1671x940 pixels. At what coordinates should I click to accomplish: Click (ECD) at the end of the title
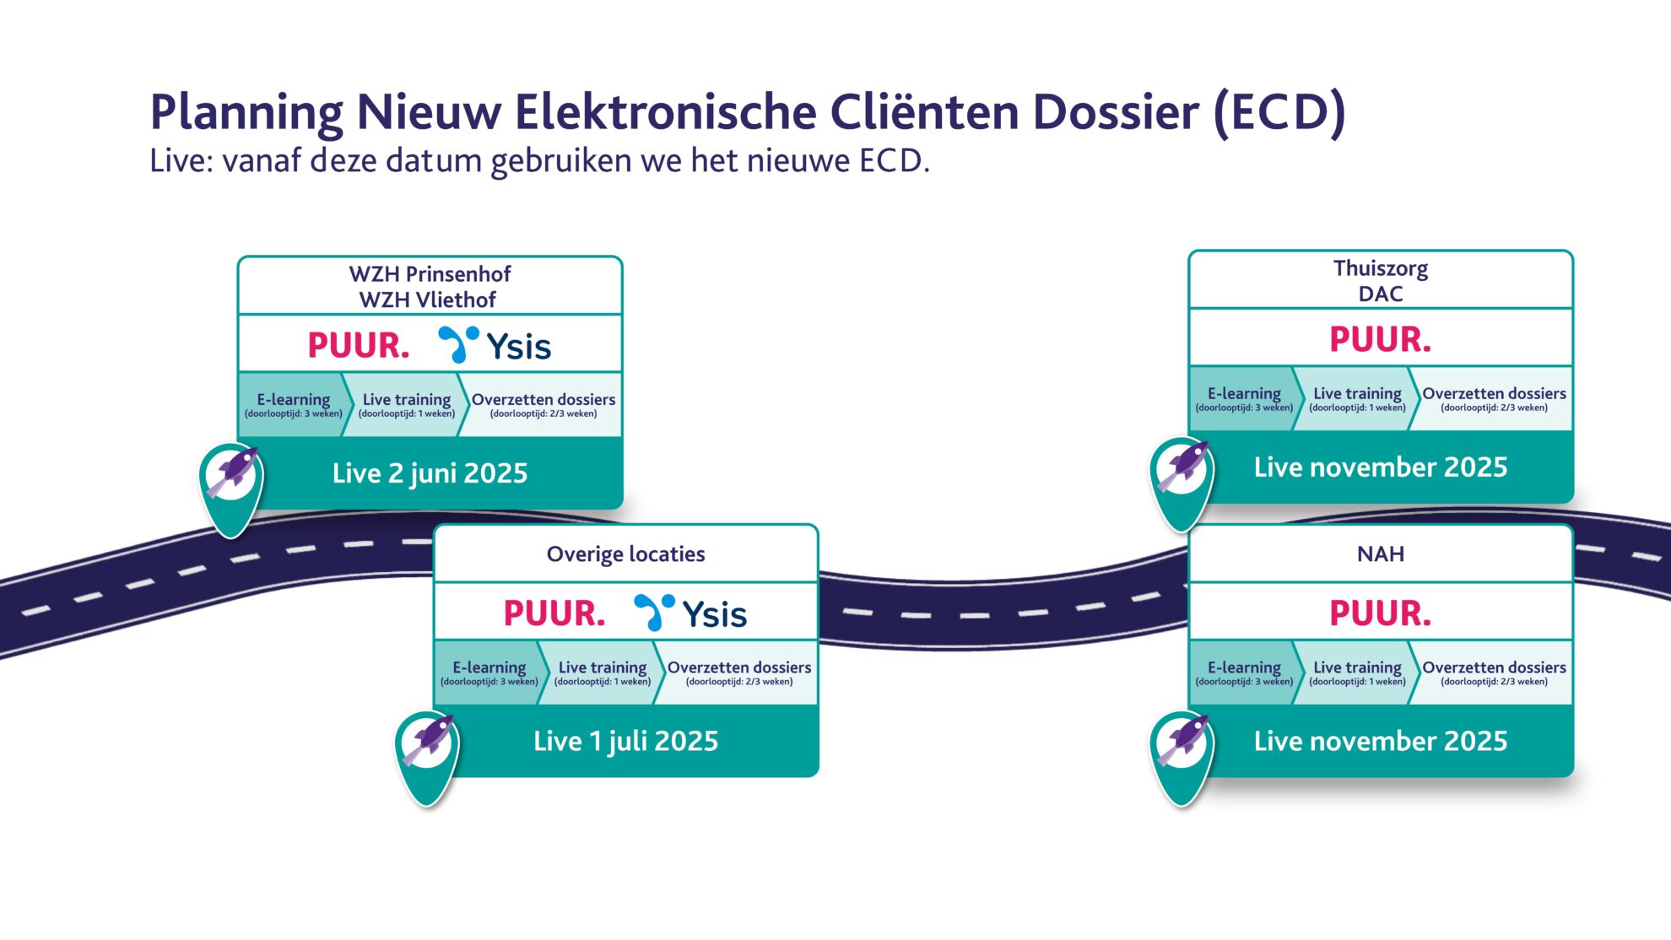(1279, 112)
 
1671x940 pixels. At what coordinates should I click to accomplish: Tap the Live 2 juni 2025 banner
(430, 473)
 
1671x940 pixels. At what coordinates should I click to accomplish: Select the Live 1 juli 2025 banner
(625, 741)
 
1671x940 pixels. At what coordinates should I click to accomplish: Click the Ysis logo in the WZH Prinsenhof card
(495, 346)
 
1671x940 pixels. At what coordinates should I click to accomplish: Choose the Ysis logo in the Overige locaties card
(690, 613)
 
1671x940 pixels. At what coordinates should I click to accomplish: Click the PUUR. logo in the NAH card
(1380, 613)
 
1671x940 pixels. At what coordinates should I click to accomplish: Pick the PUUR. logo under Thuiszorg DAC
(1380, 339)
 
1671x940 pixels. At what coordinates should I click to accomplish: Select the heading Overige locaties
(625, 554)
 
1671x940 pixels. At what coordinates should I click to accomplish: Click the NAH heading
(1380, 554)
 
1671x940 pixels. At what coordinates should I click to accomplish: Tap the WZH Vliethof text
(428, 300)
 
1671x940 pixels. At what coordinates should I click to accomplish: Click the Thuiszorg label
(1380, 268)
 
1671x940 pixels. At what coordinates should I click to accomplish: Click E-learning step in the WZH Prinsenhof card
(293, 404)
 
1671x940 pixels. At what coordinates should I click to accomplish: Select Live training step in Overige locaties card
(602, 672)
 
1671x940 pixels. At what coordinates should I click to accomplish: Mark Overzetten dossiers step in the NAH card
(1494, 672)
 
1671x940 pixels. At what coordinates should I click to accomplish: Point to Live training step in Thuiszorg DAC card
(1357, 398)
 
